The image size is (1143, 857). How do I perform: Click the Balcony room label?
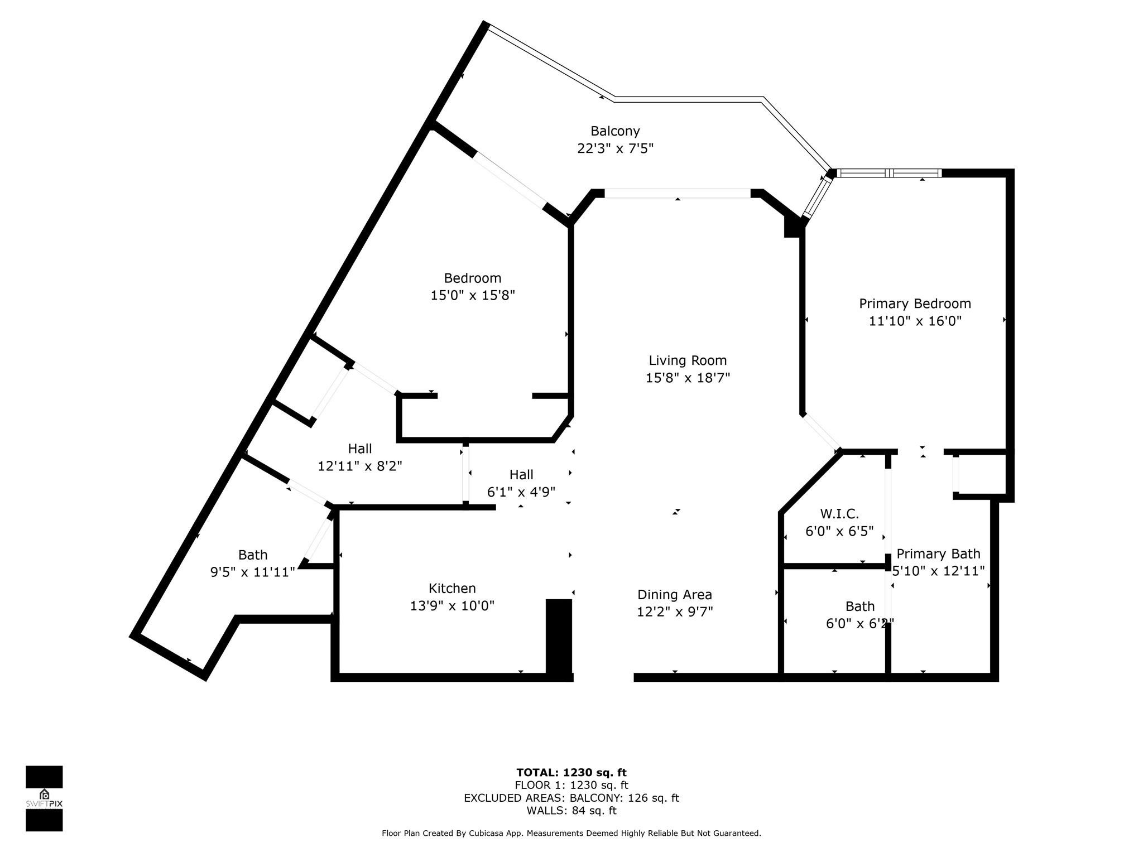click(615, 131)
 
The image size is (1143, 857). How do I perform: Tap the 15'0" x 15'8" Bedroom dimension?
click(472, 295)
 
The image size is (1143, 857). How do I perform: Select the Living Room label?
click(688, 360)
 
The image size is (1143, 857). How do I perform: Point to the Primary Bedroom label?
click(915, 304)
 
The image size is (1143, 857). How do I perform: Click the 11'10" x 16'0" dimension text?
click(915, 321)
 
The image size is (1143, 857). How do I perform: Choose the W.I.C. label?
click(839, 513)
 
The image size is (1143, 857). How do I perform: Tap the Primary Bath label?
click(938, 553)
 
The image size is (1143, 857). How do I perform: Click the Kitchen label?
click(452, 588)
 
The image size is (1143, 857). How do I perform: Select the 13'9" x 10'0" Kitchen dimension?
click(452, 605)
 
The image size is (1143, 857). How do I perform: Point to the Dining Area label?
click(675, 594)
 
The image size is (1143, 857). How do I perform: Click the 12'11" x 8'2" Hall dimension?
click(360, 466)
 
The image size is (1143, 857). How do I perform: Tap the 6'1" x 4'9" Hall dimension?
click(521, 492)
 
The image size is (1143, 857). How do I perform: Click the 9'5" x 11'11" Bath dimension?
click(252, 572)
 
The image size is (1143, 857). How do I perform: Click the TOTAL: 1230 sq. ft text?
click(571, 773)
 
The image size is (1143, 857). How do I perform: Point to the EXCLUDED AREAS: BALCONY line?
click(571, 798)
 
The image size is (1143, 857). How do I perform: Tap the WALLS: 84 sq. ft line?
click(571, 811)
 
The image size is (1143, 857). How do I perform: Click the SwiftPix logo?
click(44, 798)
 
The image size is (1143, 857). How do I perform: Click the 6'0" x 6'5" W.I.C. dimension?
click(839, 531)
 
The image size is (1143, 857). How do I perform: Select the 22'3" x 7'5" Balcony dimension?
click(615, 148)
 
